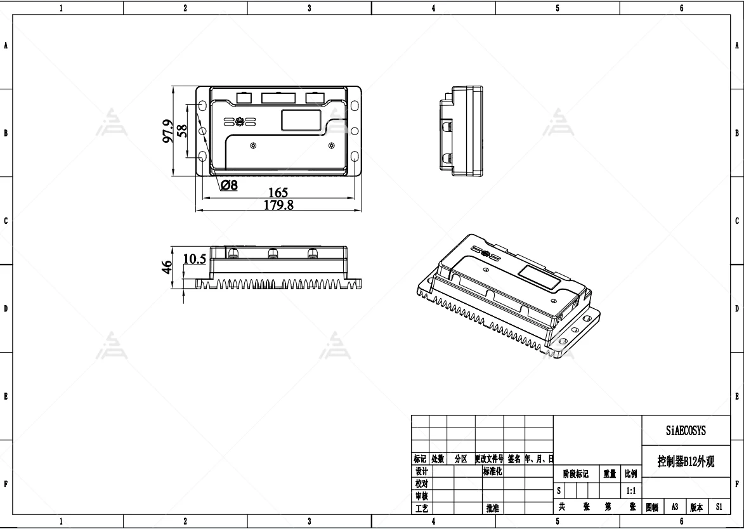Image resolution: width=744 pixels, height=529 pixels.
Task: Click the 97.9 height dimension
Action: point(168,131)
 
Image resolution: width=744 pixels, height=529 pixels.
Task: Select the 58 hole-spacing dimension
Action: point(182,131)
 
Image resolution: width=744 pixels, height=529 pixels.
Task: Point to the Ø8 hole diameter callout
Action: point(229,185)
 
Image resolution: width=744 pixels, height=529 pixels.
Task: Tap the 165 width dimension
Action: point(278,192)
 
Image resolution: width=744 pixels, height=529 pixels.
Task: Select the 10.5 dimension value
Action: point(195,259)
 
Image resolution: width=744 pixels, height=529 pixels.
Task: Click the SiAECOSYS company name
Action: point(686,431)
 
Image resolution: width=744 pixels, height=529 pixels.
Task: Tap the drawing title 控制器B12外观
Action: point(686,462)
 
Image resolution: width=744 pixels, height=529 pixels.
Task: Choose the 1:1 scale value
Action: point(631,491)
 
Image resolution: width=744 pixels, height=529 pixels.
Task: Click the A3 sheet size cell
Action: point(675,507)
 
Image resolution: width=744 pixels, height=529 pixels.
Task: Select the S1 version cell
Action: point(719,507)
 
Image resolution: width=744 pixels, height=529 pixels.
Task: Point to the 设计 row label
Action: point(421,471)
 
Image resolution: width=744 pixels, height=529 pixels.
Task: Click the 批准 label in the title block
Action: point(492,508)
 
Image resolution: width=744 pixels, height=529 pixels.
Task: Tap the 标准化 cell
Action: point(492,471)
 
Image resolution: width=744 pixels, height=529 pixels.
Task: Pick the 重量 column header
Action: point(610,474)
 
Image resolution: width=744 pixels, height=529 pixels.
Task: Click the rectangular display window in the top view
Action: point(301,121)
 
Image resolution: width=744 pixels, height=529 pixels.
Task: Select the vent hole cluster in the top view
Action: point(239,121)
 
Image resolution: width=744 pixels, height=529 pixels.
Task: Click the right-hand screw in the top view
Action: point(331,146)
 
